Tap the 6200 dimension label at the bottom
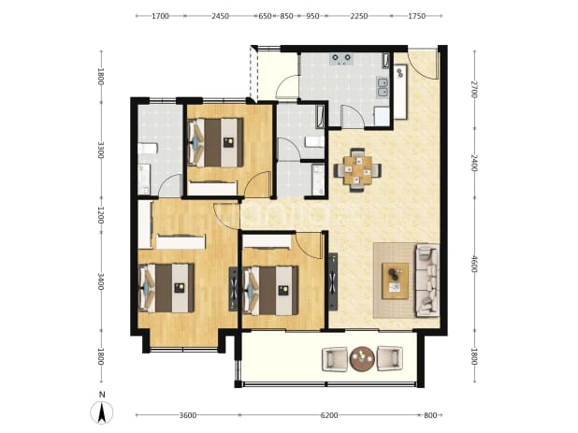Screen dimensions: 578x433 pyautogui.click(x=329, y=415)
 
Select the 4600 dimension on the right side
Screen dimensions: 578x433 pyautogui.click(x=474, y=264)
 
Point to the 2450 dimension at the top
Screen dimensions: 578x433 pyautogui.click(x=220, y=16)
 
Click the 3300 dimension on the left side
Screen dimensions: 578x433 pyautogui.click(x=101, y=150)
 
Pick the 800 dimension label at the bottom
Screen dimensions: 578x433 pyautogui.click(x=430, y=415)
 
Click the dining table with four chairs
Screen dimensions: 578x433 pyautogui.click(x=357, y=170)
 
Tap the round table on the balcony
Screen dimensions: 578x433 pyautogui.click(x=362, y=358)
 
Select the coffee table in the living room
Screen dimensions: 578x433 pyautogui.click(x=395, y=281)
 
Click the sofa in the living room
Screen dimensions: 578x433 pyautogui.click(x=427, y=280)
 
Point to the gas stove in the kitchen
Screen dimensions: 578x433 pyautogui.click(x=341, y=59)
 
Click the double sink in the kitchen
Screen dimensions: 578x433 pyautogui.click(x=383, y=87)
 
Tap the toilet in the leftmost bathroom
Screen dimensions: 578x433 pyautogui.click(x=148, y=149)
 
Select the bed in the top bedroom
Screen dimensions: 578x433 pyautogui.click(x=216, y=142)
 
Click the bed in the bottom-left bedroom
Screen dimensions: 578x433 pyautogui.click(x=166, y=288)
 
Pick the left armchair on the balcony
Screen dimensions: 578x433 pyautogui.click(x=335, y=359)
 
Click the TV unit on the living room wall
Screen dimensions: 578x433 pyautogui.click(x=333, y=281)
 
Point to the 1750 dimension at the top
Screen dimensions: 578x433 pyautogui.click(x=417, y=16)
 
